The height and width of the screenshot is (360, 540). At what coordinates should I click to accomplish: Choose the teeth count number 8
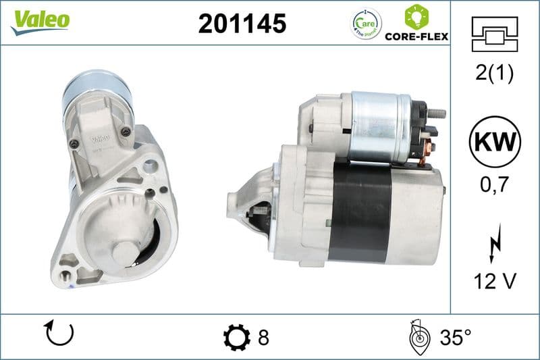[x=263, y=337]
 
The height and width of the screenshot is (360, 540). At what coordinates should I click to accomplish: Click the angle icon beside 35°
[x=420, y=336]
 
